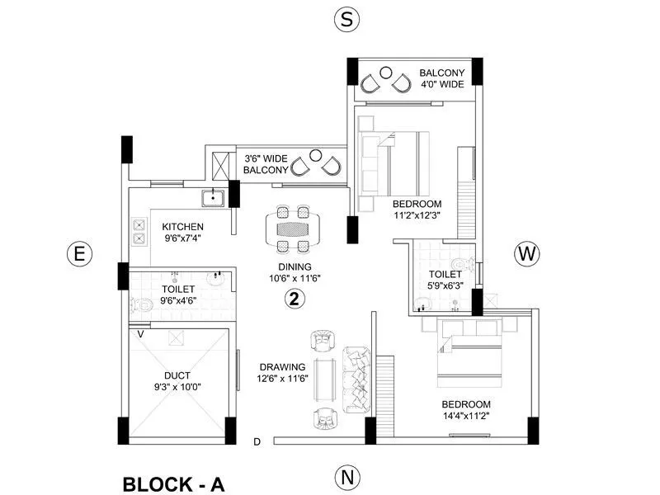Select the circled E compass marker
pyautogui.click(x=79, y=254)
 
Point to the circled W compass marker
pyautogui.click(x=526, y=253)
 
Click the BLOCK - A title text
pyautogui.click(x=173, y=483)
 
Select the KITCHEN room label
pyautogui.click(x=182, y=227)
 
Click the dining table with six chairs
pyautogui.click(x=293, y=229)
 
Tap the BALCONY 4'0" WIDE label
pyautogui.click(x=441, y=78)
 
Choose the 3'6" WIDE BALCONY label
pyautogui.click(x=265, y=163)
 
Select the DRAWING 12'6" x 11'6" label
pyautogui.click(x=282, y=372)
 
